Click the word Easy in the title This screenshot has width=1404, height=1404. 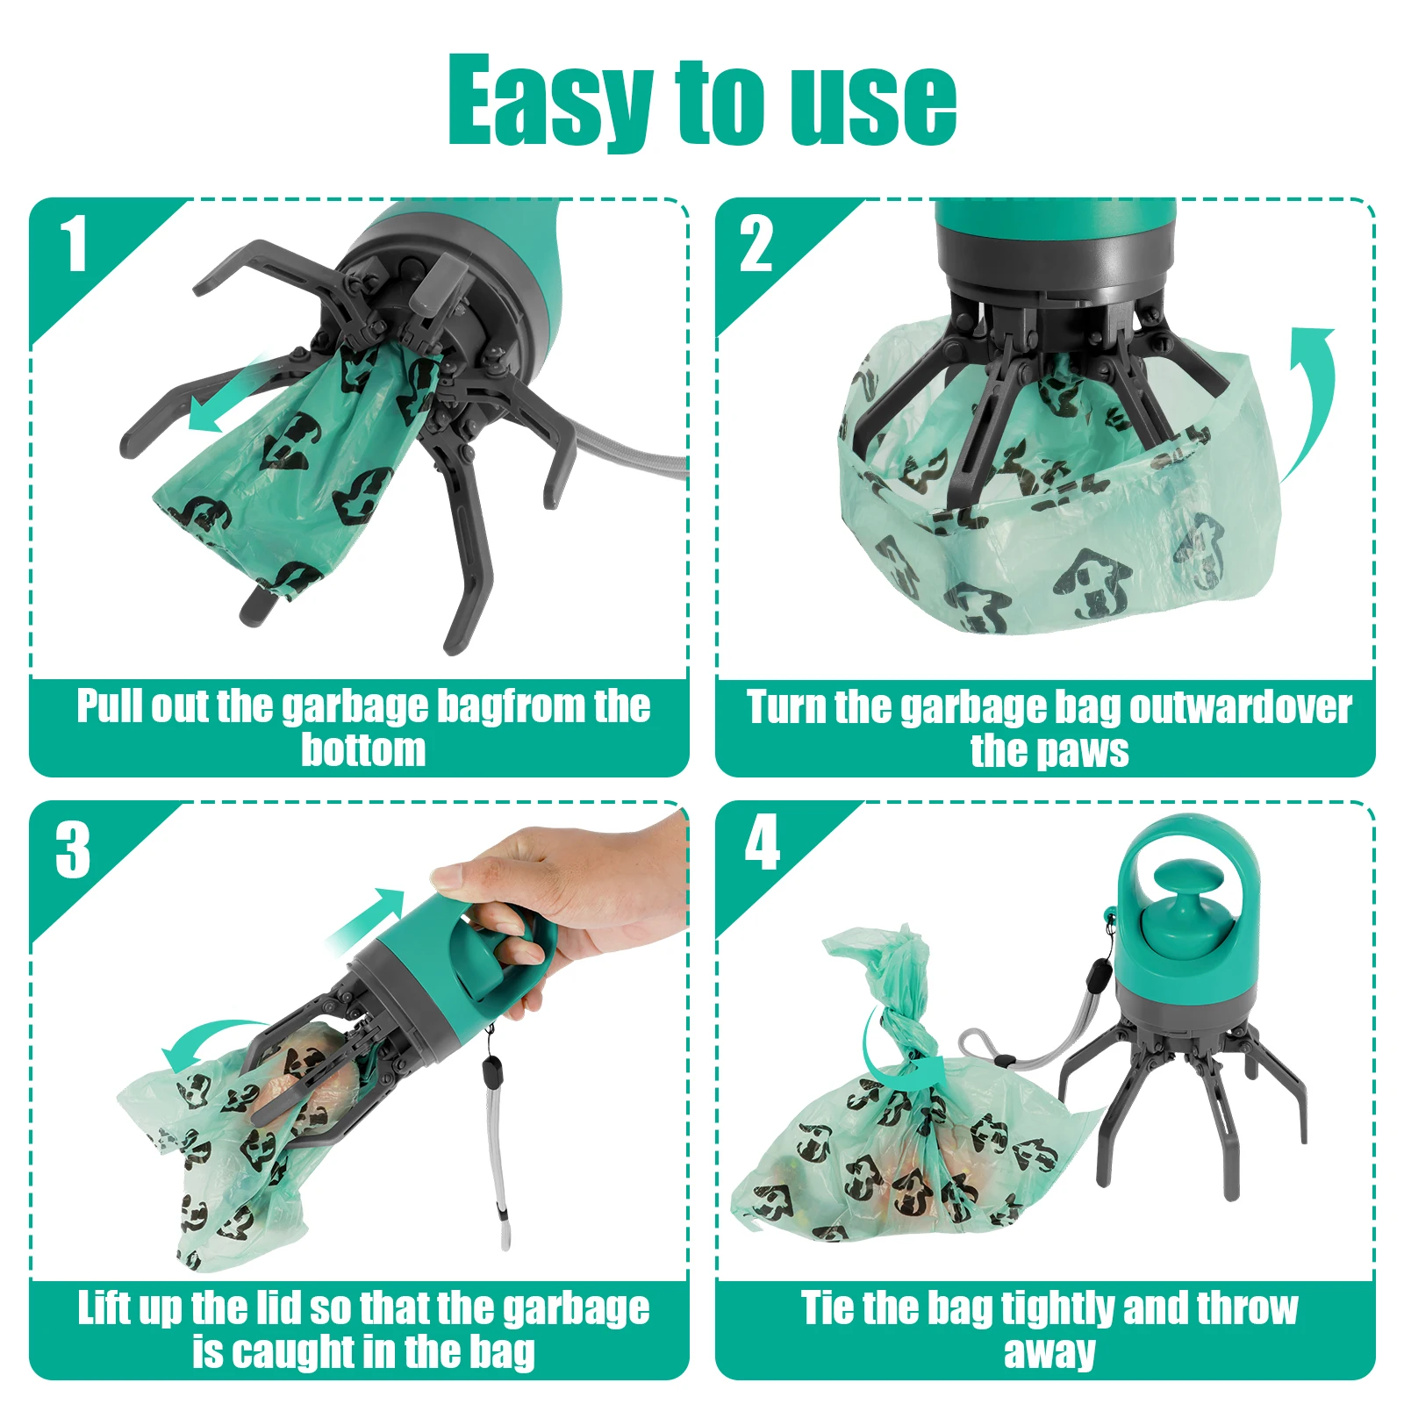pyautogui.click(x=548, y=101)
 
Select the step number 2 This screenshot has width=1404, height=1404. pyautogui.click(x=756, y=245)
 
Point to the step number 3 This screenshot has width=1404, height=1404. pyautogui.click(x=73, y=849)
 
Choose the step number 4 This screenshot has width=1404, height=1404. pyautogui.click(x=762, y=842)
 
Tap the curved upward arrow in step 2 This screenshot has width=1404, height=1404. pyautogui.click(x=1312, y=395)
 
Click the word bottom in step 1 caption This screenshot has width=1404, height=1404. pyautogui.click(x=363, y=751)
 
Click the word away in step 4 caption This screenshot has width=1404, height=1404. pyautogui.click(x=1049, y=1352)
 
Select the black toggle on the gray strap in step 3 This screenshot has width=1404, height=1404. pyautogui.click(x=492, y=1071)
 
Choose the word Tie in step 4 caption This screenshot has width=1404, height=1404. pyautogui.click(x=828, y=1308)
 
